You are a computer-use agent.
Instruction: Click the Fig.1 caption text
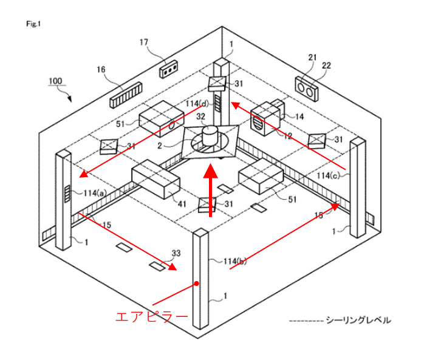tap(33, 24)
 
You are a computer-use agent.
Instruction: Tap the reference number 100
tap(55, 80)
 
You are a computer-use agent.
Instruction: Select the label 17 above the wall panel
tap(143, 42)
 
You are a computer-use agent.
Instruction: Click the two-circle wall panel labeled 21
tap(308, 89)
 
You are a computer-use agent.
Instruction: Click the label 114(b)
tap(235, 261)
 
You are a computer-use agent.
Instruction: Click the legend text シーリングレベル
tap(358, 320)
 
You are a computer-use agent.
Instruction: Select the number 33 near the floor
tap(176, 254)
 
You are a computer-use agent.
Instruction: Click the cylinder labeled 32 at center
tap(210, 135)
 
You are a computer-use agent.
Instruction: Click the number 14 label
tap(299, 115)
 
